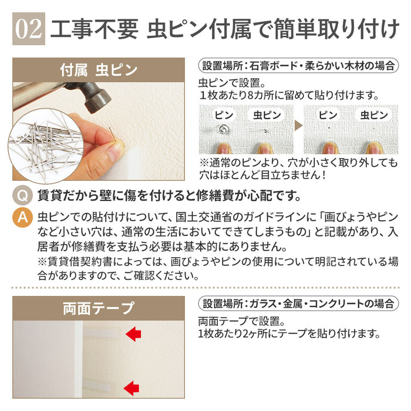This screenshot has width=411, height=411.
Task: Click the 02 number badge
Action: (x=29, y=29)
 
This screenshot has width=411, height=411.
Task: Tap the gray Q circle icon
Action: (x=22, y=196)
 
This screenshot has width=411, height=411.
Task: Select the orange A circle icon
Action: (x=22, y=217)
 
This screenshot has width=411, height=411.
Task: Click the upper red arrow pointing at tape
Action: (x=133, y=334)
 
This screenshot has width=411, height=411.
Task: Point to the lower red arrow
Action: (x=132, y=388)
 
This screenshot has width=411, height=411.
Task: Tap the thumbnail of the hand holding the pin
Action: (x=99, y=132)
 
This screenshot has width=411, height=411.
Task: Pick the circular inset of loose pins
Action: (x=46, y=146)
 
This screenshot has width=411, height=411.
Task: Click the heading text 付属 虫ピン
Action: (x=99, y=70)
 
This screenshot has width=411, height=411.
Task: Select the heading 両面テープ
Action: (x=99, y=308)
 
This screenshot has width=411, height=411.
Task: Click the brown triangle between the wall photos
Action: (x=298, y=126)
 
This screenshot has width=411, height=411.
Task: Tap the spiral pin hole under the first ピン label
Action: (x=224, y=129)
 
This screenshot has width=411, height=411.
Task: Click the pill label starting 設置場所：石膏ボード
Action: (x=298, y=66)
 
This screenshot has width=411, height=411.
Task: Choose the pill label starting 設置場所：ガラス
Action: (x=298, y=304)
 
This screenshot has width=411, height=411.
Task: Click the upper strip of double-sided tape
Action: (x=101, y=334)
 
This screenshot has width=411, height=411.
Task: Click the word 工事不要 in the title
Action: (x=95, y=29)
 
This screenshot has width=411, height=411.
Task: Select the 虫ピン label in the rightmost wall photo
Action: (x=374, y=115)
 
